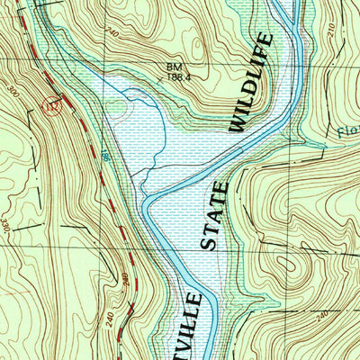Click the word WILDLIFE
(249, 83)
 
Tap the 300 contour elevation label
(13, 94)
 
